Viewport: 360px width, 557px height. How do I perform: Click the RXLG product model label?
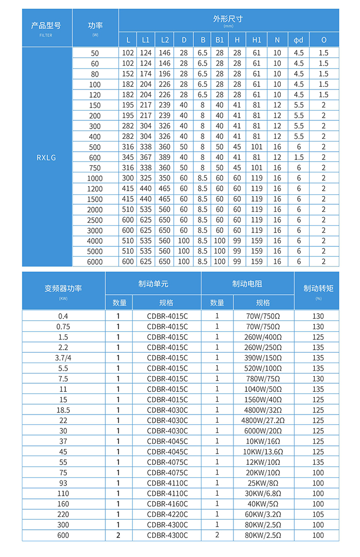click(46, 157)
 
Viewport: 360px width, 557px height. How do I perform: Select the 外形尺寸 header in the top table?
click(228, 19)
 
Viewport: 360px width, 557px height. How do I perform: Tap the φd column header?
click(298, 40)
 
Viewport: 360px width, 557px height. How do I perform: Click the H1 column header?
click(257, 40)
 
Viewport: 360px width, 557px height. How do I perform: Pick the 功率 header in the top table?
click(95, 25)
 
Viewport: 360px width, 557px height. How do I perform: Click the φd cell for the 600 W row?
click(298, 157)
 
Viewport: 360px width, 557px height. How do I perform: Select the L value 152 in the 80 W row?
click(128, 74)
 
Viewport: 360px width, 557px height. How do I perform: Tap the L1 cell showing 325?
click(146, 178)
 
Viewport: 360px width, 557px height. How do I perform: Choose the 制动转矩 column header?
click(318, 288)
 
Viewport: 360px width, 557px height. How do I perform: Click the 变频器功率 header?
click(63, 288)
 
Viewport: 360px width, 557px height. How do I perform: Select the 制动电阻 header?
click(247, 283)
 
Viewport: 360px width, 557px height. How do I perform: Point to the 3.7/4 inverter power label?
click(63, 357)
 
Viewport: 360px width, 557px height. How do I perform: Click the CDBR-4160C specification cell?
click(167, 504)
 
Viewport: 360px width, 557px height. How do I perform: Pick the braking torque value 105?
click(318, 514)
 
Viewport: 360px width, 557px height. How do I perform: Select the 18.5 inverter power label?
click(63, 409)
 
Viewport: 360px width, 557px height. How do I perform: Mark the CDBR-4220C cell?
click(167, 514)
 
